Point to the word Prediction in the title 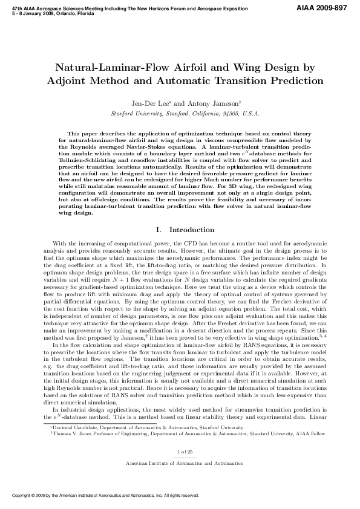click(291, 80)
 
